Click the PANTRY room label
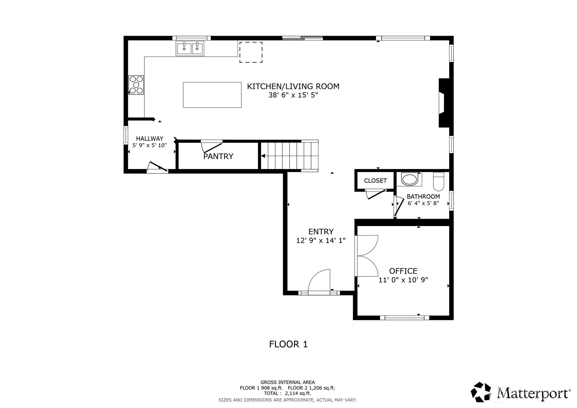218,156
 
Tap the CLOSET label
375,181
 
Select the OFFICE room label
403,271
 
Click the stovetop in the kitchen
136,85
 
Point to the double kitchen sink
190,48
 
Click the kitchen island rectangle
212,95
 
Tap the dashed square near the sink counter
251,52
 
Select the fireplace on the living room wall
444,103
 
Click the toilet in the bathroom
439,181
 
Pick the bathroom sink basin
409,180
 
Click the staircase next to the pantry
289,156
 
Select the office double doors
366,256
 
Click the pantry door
212,147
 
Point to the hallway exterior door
157,167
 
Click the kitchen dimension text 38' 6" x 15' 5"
293,95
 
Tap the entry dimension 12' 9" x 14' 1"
321,240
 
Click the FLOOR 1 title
288,344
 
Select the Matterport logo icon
481,392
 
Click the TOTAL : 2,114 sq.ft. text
288,393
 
